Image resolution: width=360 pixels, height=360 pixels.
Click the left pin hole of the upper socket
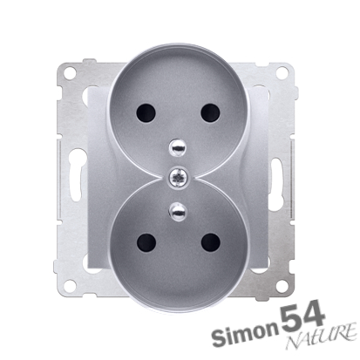pyautogui.click(x=146, y=112)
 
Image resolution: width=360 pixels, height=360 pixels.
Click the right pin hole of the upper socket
pyautogui.click(x=210, y=112)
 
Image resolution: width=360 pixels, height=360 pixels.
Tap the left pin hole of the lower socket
pyautogui.click(x=146, y=242)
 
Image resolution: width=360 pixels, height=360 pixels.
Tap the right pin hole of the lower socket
pyautogui.click(x=210, y=242)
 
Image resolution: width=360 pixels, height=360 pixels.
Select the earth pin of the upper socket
pyautogui.click(x=177, y=146)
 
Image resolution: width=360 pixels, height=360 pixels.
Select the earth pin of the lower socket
pyautogui.click(x=177, y=211)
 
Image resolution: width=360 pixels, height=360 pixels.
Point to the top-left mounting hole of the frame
pyautogui.click(x=70, y=72)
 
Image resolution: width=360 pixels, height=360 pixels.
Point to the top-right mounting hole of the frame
pyautogui.click(x=282, y=72)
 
